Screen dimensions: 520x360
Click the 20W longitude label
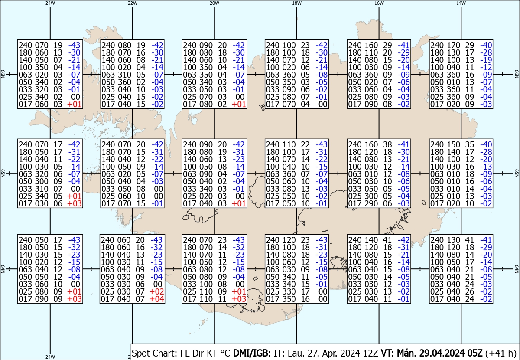(214, 3)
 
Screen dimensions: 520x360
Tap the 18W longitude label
(297, 3)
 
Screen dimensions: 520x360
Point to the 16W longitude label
(379, 3)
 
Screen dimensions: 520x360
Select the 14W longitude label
(461, 3)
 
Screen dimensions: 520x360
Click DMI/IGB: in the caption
(252, 353)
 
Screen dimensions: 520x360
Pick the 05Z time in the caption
(474, 353)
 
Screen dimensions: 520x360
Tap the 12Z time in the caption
(371, 353)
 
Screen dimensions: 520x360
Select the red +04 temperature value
(157, 299)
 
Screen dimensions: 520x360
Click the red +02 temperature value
(157, 291)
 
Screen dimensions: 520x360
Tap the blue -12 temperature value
(486, 67)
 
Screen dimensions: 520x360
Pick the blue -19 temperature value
(486, 60)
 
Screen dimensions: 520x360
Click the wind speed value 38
(387, 144)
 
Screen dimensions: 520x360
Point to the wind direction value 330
(289, 291)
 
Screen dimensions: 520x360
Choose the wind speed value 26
(469, 291)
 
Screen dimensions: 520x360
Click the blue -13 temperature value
(486, 167)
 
